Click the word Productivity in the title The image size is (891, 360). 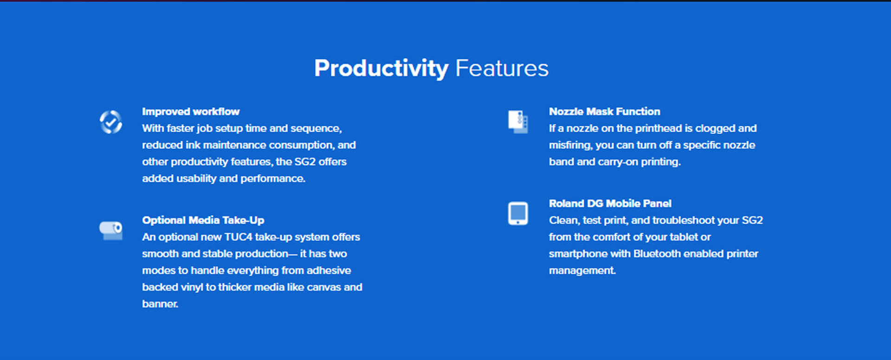[x=381, y=69]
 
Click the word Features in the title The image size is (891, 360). [x=502, y=68]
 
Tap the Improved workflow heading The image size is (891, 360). [x=191, y=111]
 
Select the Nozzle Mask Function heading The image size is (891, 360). [x=604, y=111]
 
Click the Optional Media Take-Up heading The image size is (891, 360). [x=203, y=220]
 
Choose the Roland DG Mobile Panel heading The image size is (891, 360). [x=610, y=203]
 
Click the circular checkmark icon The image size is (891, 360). [x=111, y=122]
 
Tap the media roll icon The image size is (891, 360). [x=111, y=231]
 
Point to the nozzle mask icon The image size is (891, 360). [x=518, y=122]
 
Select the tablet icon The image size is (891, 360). [x=518, y=213]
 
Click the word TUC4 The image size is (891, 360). [x=238, y=237]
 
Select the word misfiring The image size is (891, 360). [x=570, y=145]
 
